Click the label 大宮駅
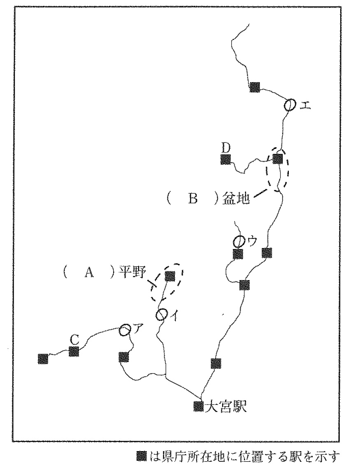pyautogui.click(x=225, y=406)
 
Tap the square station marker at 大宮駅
pyautogui.click(x=199, y=406)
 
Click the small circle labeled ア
pyautogui.click(x=124, y=330)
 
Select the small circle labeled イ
pyautogui.click(x=161, y=315)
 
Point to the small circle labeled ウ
pyautogui.click(x=239, y=241)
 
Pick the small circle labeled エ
pyautogui.click(x=290, y=105)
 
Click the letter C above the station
pyautogui.click(x=74, y=340)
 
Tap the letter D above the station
pyautogui.click(x=226, y=148)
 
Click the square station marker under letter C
pyautogui.click(x=74, y=351)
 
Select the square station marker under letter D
pyautogui.click(x=225, y=159)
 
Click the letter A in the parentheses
pyautogui.click(x=89, y=273)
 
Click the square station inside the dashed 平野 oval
pyautogui.click(x=170, y=276)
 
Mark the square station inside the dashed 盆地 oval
pyautogui.click(x=277, y=159)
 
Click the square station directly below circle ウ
pyautogui.click(x=238, y=254)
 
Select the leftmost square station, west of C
pyautogui.click(x=43, y=359)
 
